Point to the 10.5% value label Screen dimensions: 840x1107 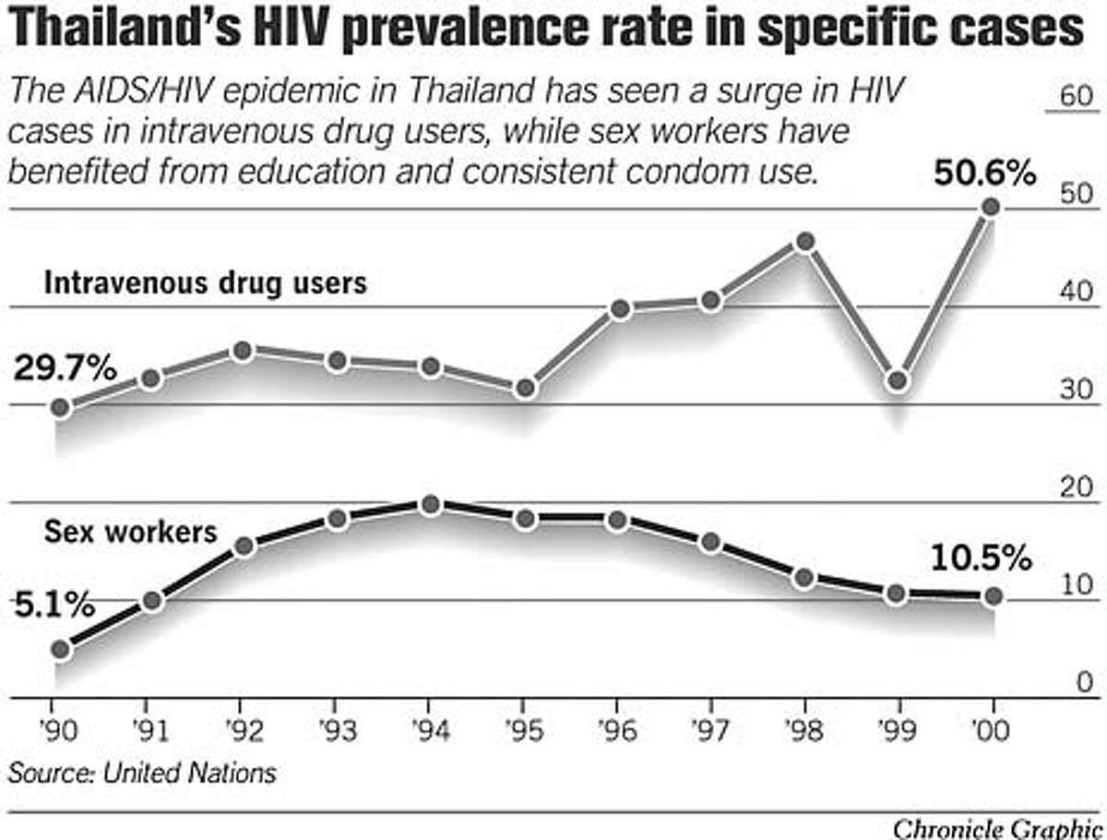click(x=980, y=558)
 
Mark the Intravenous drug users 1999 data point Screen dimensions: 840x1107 click(x=898, y=380)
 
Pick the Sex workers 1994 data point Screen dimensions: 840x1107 click(x=429, y=505)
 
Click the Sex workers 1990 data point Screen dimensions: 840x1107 click(x=61, y=650)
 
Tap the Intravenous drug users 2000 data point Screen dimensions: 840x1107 click(x=991, y=208)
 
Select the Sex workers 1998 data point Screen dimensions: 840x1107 click(x=804, y=578)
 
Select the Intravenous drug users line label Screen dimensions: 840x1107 click(x=205, y=282)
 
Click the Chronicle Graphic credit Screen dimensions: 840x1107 click(x=1000, y=827)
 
